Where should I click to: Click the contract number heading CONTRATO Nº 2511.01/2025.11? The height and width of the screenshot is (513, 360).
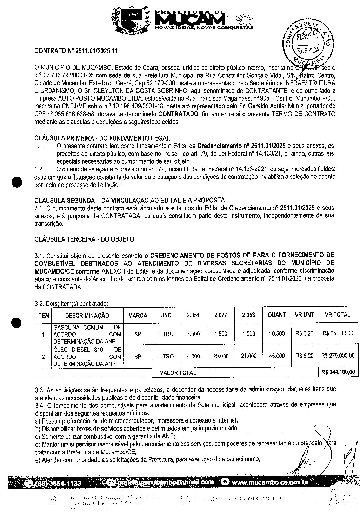(75, 51)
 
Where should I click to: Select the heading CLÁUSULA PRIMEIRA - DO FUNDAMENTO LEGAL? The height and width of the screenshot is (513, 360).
(102, 138)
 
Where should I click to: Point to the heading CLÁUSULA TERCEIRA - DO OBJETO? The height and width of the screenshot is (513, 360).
(84, 239)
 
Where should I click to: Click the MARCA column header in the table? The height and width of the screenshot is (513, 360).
(138, 315)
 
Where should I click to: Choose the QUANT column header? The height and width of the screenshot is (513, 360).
(276, 315)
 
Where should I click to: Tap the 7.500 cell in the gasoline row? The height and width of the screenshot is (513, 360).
(193, 334)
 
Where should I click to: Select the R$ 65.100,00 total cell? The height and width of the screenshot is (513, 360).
(338, 333)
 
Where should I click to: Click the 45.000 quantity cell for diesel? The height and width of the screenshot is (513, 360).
(276, 356)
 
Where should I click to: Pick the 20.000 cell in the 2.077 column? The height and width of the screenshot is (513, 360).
(221, 356)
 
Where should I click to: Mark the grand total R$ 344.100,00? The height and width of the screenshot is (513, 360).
(338, 372)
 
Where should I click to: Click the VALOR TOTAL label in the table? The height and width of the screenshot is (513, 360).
(178, 373)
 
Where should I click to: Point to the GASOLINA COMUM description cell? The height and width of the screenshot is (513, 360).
(87, 334)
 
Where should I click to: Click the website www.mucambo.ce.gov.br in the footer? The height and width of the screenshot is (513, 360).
(270, 482)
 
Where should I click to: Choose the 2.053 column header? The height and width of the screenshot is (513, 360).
(248, 315)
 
